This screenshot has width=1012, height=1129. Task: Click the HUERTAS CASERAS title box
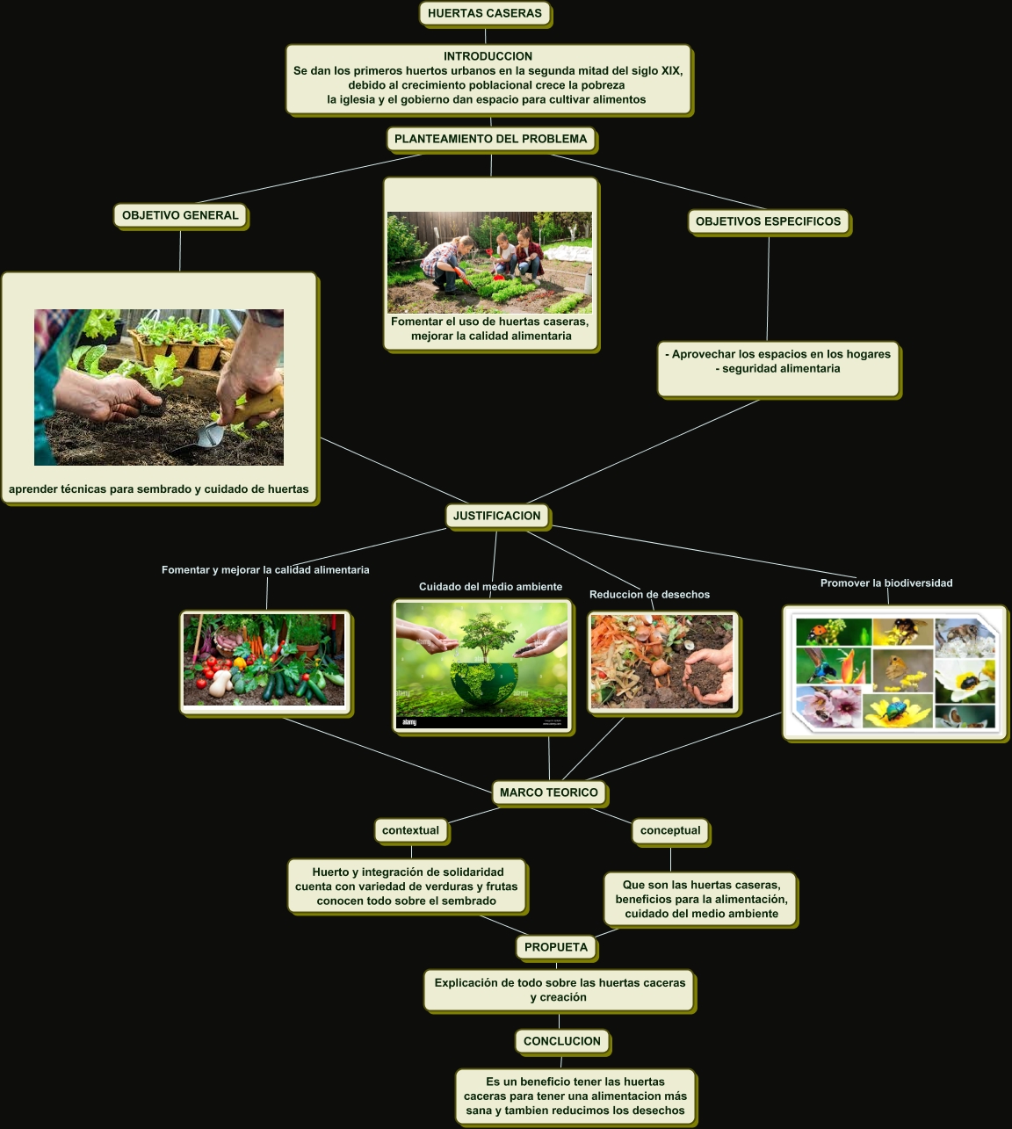485,13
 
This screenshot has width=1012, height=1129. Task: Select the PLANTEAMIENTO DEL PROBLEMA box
491,139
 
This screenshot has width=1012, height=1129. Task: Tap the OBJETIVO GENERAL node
180,215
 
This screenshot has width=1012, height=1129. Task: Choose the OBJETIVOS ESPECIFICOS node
768,221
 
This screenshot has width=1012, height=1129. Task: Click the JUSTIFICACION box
497,516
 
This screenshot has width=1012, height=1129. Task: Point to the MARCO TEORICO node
549,792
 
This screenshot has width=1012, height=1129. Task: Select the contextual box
411,830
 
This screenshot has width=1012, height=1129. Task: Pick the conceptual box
670,830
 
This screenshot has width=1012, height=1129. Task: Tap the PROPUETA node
556,947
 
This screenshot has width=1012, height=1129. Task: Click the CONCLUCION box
561,1041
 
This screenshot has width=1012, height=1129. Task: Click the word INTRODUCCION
488,56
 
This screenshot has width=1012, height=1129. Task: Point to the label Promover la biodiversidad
886,583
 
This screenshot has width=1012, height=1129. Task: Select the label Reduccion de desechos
650,595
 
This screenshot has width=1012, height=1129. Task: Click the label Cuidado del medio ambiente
490,587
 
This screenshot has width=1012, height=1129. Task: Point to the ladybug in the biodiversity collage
820,630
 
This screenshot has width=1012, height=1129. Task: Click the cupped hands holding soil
709,674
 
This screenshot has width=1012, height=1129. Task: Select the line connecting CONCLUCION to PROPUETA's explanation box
560,1021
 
